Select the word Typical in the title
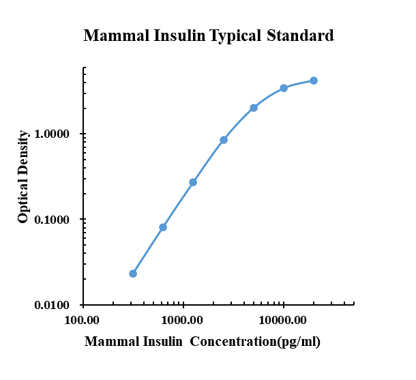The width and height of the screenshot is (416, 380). (228, 36)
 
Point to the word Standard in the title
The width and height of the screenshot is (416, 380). (301, 35)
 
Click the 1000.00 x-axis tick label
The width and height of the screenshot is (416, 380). (183, 319)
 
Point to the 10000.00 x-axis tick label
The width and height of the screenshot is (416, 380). (282, 319)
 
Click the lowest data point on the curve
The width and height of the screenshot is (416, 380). (133, 274)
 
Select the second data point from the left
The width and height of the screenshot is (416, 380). (163, 227)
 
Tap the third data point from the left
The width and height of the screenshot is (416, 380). (193, 182)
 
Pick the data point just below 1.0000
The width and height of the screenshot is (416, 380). (224, 140)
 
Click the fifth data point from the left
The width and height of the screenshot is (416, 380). (254, 108)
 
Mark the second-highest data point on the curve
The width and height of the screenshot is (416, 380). (284, 88)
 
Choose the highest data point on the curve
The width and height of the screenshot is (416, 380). (314, 81)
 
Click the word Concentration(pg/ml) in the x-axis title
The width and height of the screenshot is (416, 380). (255, 342)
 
